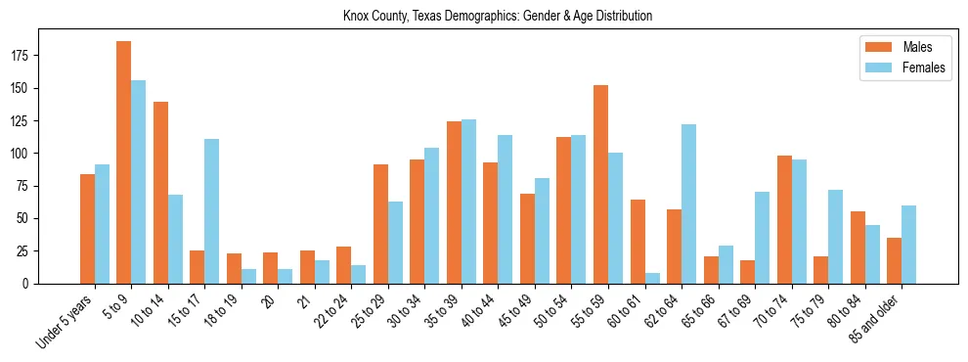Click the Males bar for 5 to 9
(124, 162)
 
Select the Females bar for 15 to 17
(212, 211)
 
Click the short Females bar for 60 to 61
(652, 278)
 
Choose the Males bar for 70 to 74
(784, 219)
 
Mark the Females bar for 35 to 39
(468, 202)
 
